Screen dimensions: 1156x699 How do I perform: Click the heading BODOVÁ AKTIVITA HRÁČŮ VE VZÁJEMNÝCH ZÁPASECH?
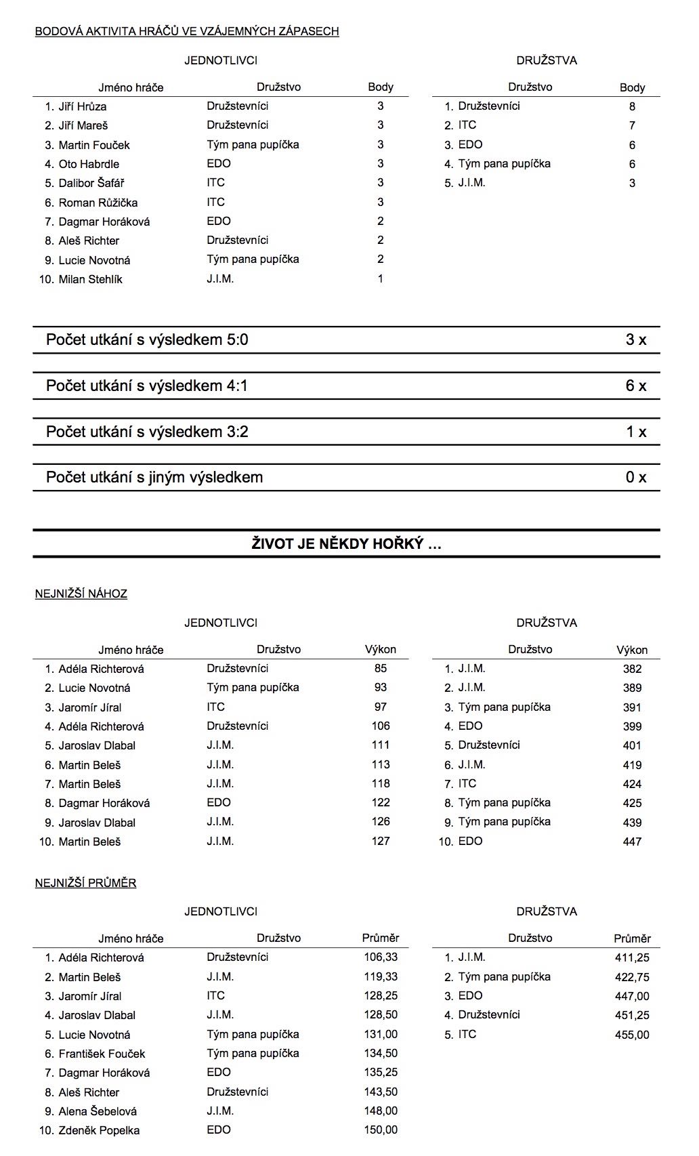[x=187, y=31]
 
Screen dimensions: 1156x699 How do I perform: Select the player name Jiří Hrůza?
[x=82, y=106]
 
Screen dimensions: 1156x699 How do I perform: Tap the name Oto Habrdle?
[x=89, y=164]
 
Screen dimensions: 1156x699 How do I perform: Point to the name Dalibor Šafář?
[x=91, y=183]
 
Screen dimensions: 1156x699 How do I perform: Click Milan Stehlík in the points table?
[x=90, y=279]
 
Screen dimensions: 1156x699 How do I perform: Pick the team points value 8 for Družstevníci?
[x=632, y=106]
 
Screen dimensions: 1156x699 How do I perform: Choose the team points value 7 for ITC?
[x=632, y=125]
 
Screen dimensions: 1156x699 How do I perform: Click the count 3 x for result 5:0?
[x=635, y=340]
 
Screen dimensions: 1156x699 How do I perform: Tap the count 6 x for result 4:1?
[x=635, y=386]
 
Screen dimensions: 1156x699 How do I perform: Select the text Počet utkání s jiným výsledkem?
[x=154, y=478]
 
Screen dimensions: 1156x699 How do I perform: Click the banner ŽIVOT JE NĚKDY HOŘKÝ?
[x=346, y=543]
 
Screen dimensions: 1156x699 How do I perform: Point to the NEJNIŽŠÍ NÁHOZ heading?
[x=81, y=594]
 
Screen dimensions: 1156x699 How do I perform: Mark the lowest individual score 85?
[x=381, y=668]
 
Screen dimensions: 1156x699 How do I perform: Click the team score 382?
[x=632, y=669]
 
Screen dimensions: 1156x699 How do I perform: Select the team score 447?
[x=632, y=842]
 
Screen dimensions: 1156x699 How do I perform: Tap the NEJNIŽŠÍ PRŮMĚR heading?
[x=86, y=883]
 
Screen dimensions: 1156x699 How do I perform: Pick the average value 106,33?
[x=381, y=957]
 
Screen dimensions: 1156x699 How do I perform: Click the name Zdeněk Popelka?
[x=100, y=1130]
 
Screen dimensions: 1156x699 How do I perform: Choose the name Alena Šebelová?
[x=98, y=1111]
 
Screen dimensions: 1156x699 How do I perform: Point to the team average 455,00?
[x=632, y=1035]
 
